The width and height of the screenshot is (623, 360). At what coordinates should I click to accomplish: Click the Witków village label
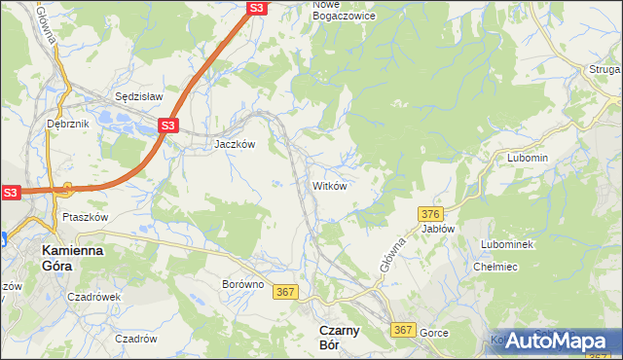328,185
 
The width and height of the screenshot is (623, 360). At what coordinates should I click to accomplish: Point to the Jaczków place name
235,144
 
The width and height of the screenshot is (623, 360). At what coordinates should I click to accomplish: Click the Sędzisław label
138,97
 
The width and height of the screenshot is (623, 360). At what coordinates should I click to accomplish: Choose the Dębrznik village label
67,125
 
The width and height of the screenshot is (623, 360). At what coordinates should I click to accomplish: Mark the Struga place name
604,69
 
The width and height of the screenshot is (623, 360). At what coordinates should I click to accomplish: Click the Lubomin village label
528,158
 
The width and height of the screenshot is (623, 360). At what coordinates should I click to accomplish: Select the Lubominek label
506,244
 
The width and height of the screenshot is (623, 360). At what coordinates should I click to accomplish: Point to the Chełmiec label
494,267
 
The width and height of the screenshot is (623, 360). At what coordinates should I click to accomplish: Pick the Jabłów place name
438,229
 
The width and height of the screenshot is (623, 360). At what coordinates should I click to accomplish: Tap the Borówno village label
242,284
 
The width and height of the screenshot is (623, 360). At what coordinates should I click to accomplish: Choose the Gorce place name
434,333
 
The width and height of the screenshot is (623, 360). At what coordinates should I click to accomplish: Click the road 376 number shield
431,213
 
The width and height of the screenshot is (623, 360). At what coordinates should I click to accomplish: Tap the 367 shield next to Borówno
285,292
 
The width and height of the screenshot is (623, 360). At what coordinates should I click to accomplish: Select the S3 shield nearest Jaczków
168,126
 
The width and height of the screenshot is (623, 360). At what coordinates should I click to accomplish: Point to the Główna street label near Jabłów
391,250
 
